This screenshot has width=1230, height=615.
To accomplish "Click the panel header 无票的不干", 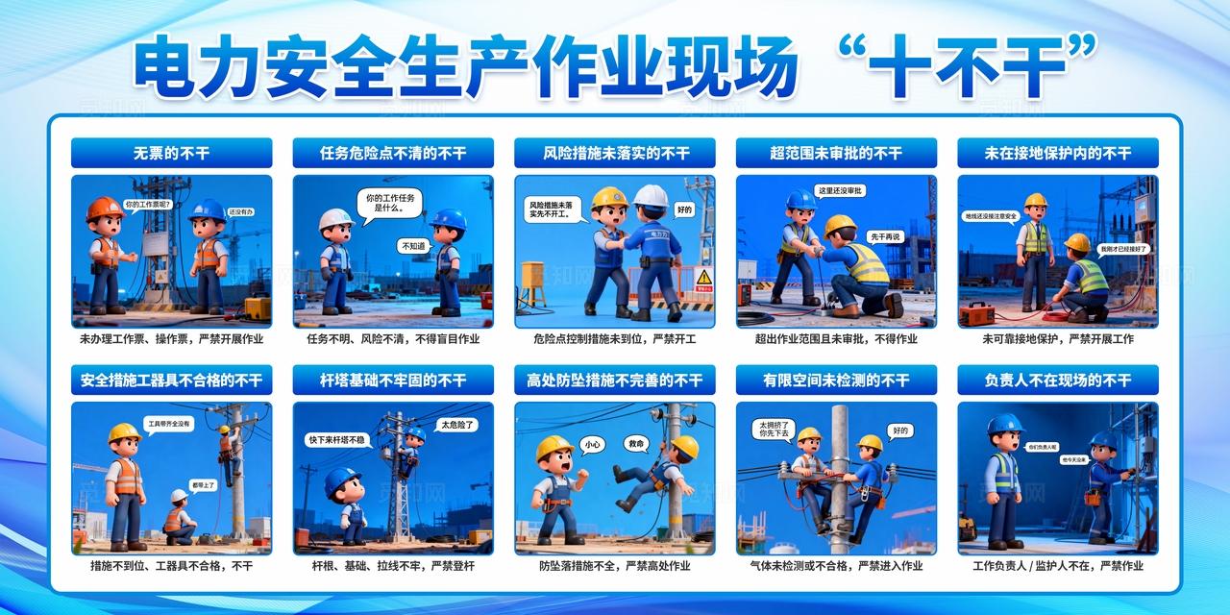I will (171, 153).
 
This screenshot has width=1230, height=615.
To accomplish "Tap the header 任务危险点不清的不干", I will (393, 153).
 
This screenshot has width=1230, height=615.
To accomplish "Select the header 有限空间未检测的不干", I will (836, 381).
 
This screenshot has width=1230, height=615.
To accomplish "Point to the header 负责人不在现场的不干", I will (1057, 381).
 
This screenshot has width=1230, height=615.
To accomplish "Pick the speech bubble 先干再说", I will (884, 236).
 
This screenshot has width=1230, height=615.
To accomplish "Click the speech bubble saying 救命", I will (635, 444).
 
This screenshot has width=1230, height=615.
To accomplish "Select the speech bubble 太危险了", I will (457, 424).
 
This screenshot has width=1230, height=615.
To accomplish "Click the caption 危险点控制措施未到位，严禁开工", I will (614, 339).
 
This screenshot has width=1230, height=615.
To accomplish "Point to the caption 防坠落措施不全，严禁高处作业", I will (614, 566).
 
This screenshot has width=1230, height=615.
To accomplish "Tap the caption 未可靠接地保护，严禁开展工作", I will (1057, 339).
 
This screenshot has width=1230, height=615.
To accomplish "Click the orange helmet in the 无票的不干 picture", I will (104, 209).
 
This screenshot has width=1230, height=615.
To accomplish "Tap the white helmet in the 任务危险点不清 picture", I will (335, 218).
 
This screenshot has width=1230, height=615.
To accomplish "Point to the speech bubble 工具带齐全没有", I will (168, 423).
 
